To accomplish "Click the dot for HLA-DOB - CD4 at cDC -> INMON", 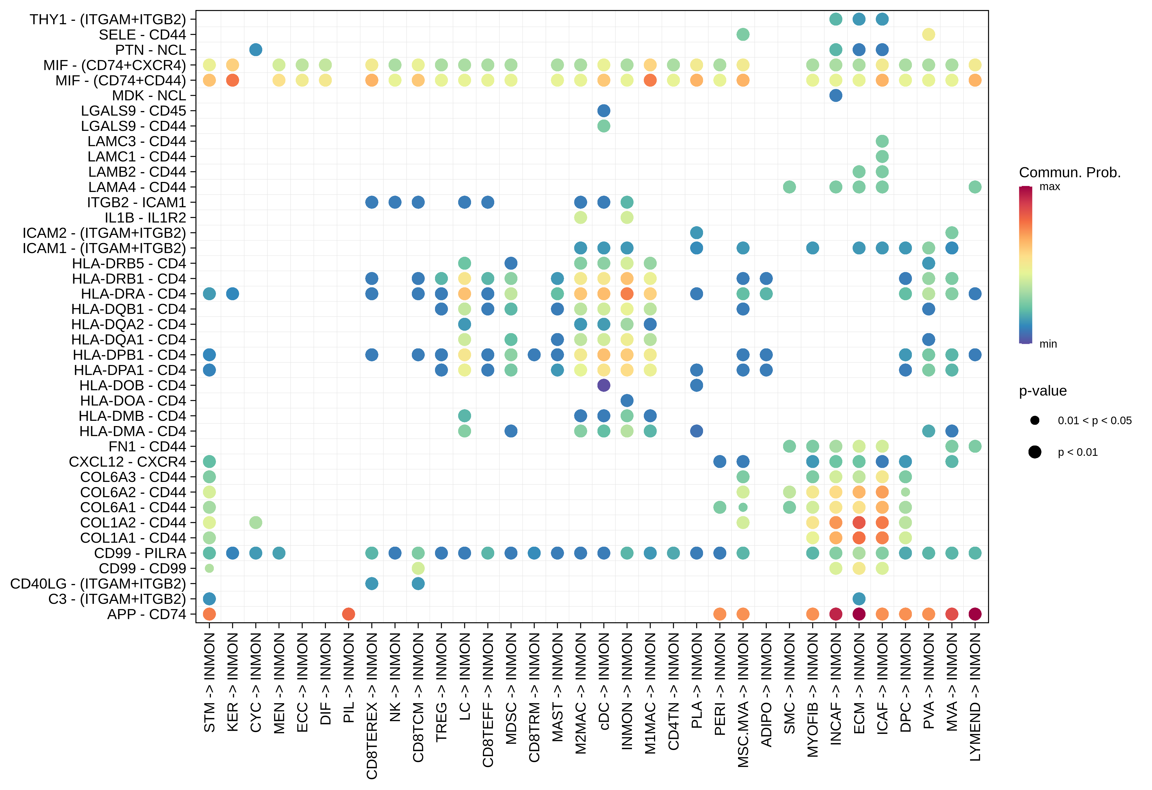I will click(603, 385).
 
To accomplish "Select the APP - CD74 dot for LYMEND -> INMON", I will click(975, 614).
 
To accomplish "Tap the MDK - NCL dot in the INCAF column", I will click(835, 95).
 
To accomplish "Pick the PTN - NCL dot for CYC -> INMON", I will click(255, 50).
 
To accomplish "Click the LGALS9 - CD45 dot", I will click(603, 111).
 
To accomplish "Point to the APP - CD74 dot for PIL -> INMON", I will click(348, 614).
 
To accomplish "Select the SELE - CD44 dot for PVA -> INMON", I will click(928, 34).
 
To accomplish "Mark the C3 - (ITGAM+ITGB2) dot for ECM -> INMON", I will click(859, 599).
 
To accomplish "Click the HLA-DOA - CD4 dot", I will click(627, 401).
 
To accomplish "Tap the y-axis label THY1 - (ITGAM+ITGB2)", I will click(108, 19).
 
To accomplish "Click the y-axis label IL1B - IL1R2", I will click(145, 218).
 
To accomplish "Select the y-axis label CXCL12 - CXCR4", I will click(127, 461).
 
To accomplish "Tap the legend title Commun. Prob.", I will click(1069, 172).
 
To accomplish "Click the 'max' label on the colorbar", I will click(1049, 187).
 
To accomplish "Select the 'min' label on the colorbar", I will click(1048, 344).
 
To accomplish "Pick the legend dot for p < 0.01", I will click(1035, 452).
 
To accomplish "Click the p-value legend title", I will click(1042, 391).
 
